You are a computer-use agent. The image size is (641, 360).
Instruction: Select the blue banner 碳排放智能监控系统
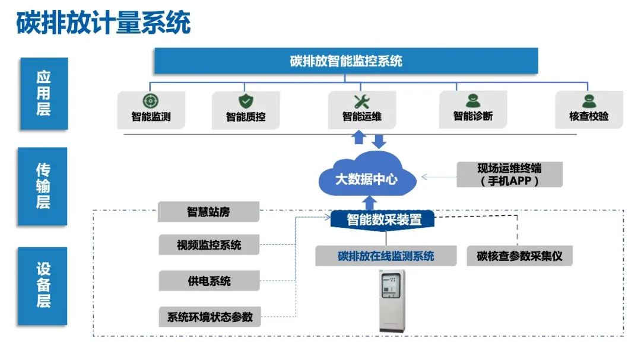tap(346, 60)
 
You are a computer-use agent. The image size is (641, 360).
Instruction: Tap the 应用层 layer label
tap(43, 93)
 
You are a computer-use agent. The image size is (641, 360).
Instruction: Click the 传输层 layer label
tap(43, 186)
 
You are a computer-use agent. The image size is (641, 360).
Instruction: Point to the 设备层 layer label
tap(43, 285)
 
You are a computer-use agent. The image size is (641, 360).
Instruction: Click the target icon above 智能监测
tap(151, 101)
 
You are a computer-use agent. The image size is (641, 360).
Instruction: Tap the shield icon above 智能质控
tap(245, 101)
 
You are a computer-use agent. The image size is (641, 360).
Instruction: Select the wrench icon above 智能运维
tap(361, 101)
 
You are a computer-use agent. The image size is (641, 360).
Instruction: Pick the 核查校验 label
tap(589, 117)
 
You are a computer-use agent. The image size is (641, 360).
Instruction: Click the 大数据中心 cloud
tap(366, 176)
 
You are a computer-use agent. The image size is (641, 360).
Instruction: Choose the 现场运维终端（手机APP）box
tap(509, 174)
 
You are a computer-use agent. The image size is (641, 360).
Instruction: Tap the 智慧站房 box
tap(208, 212)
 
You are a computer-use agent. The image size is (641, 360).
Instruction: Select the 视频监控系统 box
tap(209, 244)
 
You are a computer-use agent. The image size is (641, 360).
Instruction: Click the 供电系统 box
tap(209, 281)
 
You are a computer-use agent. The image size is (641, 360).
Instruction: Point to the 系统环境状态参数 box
tap(209, 317)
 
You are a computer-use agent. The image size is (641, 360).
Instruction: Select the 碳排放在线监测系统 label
tap(386, 256)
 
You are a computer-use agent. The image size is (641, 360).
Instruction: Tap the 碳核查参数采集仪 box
tap(519, 256)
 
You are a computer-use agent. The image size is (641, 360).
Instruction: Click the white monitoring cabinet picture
tap(392, 300)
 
